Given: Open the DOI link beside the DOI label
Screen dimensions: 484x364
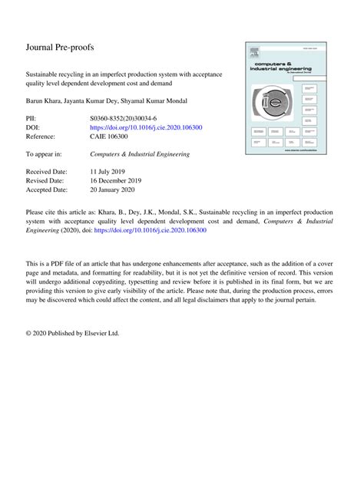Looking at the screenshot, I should pos(159,128).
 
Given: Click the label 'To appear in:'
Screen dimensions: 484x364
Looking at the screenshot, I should pos(45,154).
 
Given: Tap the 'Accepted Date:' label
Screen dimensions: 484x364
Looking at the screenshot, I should pos(47,189).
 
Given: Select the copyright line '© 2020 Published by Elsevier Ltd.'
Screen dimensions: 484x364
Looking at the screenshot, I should pos(73,334).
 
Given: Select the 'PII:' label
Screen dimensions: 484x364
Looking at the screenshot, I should pos(32,120).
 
